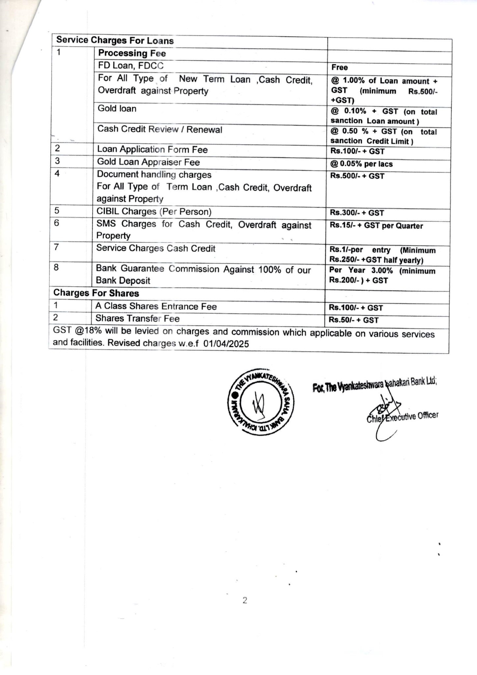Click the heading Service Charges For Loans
115,41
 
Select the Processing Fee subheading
132,53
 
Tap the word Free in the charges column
339,68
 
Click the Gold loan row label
117,108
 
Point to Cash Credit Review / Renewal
160,129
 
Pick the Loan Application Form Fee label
152,150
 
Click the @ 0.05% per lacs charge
361,164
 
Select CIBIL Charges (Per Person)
154,212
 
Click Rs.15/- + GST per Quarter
376,226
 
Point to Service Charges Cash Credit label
156,248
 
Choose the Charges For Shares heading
96,293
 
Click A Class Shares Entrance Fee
156,307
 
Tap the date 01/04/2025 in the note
226,344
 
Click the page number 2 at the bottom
245,601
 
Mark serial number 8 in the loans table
56,267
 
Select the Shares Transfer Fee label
137,319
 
